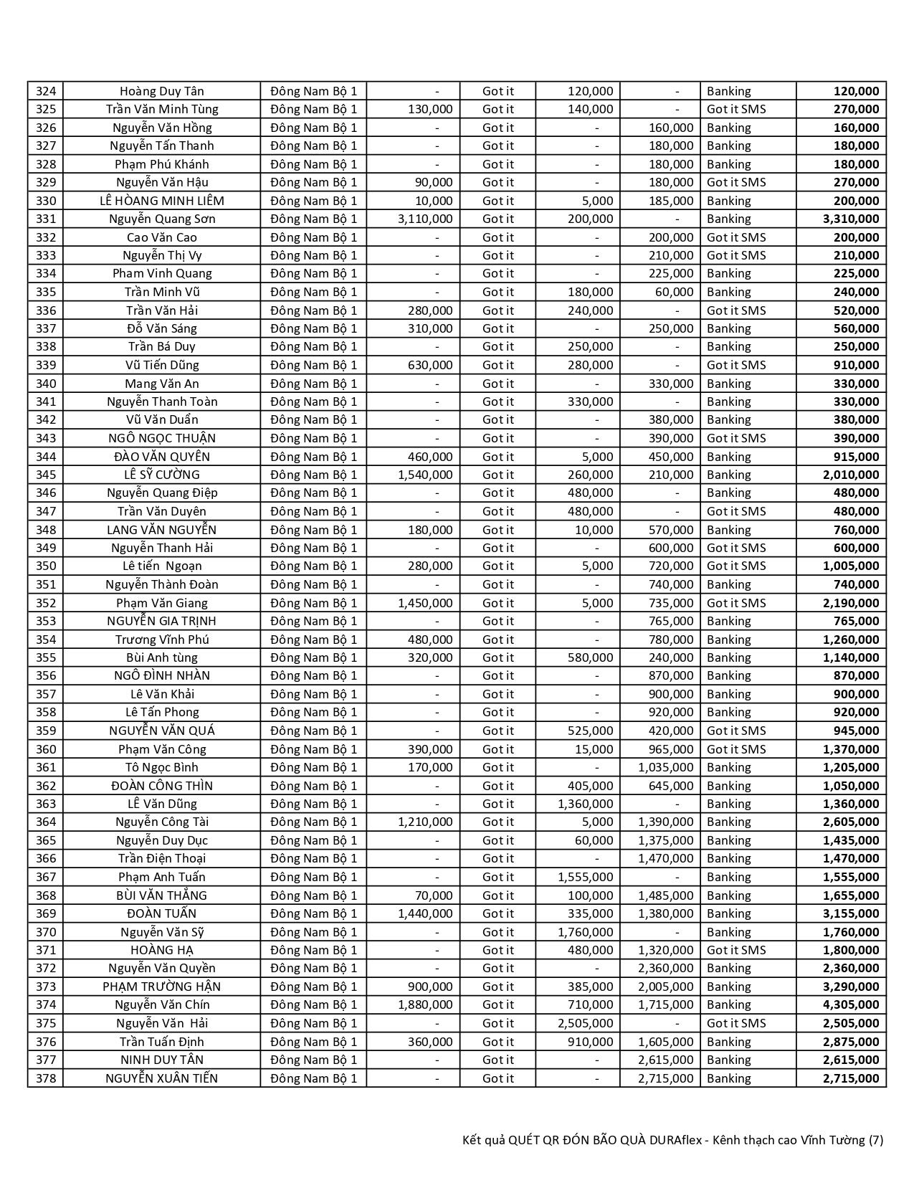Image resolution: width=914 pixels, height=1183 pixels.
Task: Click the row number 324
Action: pyautogui.click(x=46, y=91)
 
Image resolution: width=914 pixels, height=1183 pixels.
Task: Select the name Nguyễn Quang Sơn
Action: pyautogui.click(x=162, y=219)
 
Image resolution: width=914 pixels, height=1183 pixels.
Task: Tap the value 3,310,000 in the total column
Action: pyautogui.click(x=850, y=219)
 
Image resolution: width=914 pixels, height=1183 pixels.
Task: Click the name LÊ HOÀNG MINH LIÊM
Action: pyautogui.click(x=162, y=201)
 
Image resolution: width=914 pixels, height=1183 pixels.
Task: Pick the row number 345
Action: pyautogui.click(x=46, y=475)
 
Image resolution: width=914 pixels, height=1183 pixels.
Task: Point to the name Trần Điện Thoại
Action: pyautogui.click(x=162, y=858)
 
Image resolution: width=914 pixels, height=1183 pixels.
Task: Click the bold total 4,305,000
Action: pyautogui.click(x=850, y=1004)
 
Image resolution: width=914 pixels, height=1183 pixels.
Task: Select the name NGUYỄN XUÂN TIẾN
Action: pyautogui.click(x=162, y=1078)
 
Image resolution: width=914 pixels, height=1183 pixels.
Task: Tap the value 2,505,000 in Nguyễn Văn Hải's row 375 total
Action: pyautogui.click(x=850, y=1023)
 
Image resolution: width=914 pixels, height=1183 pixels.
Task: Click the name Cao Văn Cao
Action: pyautogui.click(x=162, y=237)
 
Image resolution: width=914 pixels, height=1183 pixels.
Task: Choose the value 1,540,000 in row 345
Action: pyautogui.click(x=425, y=475)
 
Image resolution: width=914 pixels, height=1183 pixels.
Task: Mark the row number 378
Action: pyautogui.click(x=46, y=1078)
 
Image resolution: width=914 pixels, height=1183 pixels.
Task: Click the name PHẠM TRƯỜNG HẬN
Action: pyautogui.click(x=162, y=987)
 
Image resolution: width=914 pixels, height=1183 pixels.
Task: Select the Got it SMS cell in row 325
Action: pyautogui.click(x=736, y=109)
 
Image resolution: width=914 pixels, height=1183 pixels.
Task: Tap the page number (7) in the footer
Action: pyautogui.click(x=876, y=1140)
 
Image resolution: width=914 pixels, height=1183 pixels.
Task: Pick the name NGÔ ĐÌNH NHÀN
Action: pyautogui.click(x=162, y=675)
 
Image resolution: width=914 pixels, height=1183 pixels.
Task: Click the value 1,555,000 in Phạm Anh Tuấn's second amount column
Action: pyautogui.click(x=586, y=877)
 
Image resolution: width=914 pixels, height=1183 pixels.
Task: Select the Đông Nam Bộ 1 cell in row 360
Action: pyautogui.click(x=313, y=749)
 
